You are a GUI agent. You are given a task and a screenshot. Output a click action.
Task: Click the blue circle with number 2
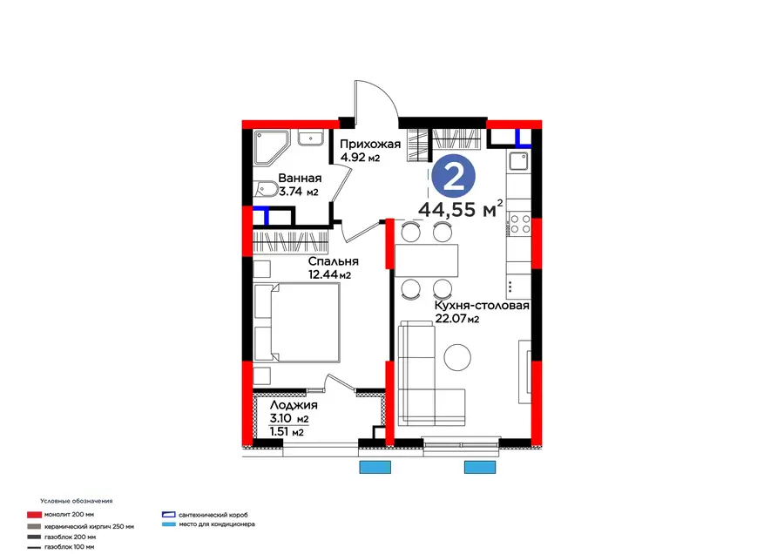point(454,177)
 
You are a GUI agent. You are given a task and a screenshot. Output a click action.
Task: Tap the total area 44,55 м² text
point(461,209)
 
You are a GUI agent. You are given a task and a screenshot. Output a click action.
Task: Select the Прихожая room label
point(370,144)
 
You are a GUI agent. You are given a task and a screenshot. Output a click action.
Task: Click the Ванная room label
point(300,178)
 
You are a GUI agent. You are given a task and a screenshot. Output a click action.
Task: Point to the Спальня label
point(333,261)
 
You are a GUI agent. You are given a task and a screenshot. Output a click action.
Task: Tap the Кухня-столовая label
point(482,305)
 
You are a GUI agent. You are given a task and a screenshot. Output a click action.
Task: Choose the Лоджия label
point(294,405)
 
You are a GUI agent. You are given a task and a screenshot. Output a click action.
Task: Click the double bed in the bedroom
point(296,322)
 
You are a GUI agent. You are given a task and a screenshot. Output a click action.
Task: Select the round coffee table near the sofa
point(457,357)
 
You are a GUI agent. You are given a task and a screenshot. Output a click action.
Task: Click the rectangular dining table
point(427,260)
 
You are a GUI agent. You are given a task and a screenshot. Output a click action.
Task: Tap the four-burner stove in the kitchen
point(519,224)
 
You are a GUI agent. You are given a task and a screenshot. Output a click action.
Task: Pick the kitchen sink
point(519,162)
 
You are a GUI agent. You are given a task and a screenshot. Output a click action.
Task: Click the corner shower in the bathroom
point(272,147)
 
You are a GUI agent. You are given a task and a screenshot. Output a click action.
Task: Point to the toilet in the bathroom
point(265,190)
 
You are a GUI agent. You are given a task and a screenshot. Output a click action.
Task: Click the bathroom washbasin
point(311,138)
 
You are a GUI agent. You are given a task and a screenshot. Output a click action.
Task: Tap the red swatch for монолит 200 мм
point(34,515)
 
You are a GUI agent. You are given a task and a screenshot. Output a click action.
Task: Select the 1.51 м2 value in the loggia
point(287,432)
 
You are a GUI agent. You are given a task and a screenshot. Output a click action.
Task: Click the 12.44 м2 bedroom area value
point(329,274)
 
